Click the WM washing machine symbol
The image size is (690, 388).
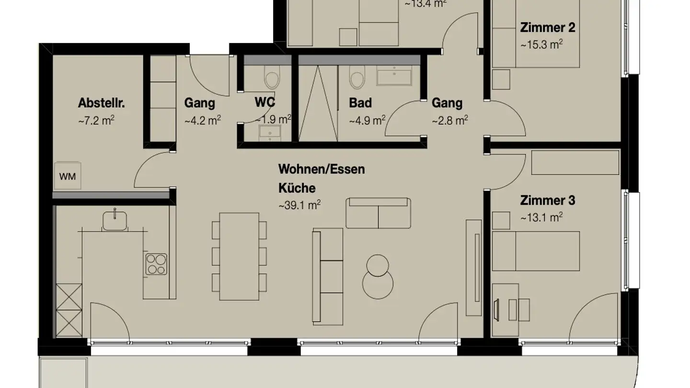click(x=68, y=176)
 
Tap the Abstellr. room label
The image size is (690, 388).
click(x=98, y=103)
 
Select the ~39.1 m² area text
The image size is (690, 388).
click(x=299, y=205)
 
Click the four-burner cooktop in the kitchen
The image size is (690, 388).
click(x=156, y=264)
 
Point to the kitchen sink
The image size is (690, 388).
click(x=115, y=220)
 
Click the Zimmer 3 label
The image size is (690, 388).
click(x=548, y=200)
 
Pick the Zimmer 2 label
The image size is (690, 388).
click(x=548, y=27)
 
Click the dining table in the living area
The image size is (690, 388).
click(x=239, y=256)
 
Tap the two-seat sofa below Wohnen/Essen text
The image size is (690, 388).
click(x=379, y=213)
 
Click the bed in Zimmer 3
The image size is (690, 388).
click(x=536, y=251)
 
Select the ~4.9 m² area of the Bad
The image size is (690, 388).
click(x=367, y=120)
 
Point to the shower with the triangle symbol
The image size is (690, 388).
click(x=318, y=103)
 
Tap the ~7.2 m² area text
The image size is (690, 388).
click(x=96, y=120)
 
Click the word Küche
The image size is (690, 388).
click(x=297, y=188)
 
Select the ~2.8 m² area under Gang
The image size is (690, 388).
click(x=449, y=120)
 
